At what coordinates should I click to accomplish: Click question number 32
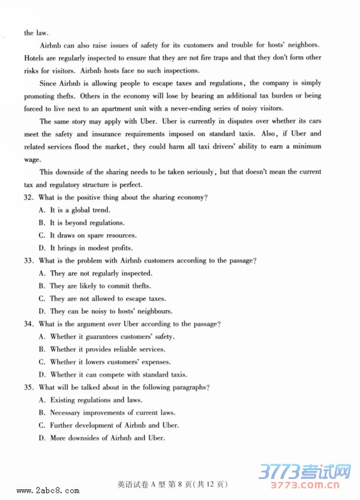[29, 197]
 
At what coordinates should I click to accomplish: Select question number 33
[29, 261]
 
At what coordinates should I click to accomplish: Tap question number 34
[29, 324]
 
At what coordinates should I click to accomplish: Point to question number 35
[29, 387]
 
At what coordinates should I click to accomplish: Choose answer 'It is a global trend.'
[79, 210]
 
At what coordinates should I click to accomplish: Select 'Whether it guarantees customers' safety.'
[105, 337]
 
